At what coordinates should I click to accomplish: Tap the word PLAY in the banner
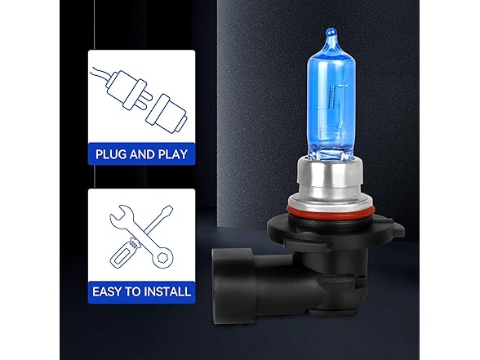tap(174, 152)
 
